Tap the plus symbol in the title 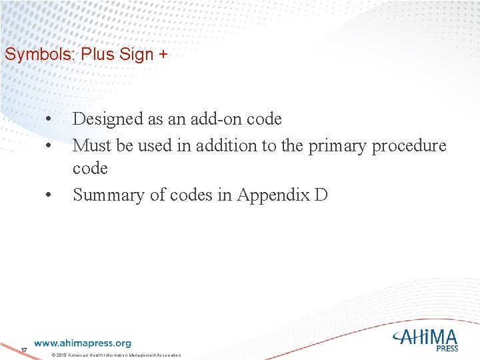pyautogui.click(x=163, y=55)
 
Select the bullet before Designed pyautogui.click(x=49, y=119)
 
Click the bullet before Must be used pyautogui.click(x=49, y=145)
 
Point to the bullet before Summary pyautogui.click(x=49, y=195)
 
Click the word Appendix pyautogui.click(x=270, y=195)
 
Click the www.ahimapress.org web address pyautogui.click(x=83, y=343)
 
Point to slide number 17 pyautogui.click(x=23, y=350)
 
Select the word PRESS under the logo pyautogui.click(x=447, y=348)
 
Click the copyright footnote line pyautogui.click(x=116, y=355)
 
